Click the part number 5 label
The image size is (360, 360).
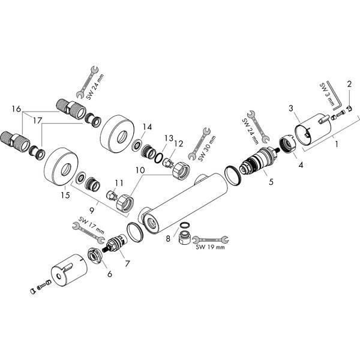(x=271, y=182)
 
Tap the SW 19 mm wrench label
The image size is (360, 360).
(x=211, y=247)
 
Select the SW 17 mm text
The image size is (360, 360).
(x=91, y=226)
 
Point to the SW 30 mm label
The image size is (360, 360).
(x=207, y=148)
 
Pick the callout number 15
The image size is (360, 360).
(x=65, y=195)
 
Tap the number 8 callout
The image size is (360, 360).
(x=168, y=239)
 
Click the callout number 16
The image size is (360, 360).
(x=16, y=109)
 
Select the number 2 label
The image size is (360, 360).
(x=349, y=84)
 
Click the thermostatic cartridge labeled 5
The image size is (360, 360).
(x=259, y=160)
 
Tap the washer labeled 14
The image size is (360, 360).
(x=137, y=146)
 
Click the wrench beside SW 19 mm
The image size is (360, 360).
(x=211, y=239)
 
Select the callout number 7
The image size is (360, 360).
(x=127, y=263)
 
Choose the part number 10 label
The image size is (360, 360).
(x=140, y=170)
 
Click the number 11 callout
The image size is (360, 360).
(x=119, y=183)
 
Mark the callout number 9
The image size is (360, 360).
(x=92, y=211)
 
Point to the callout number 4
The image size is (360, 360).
(x=301, y=164)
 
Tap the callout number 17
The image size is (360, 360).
(x=37, y=121)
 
